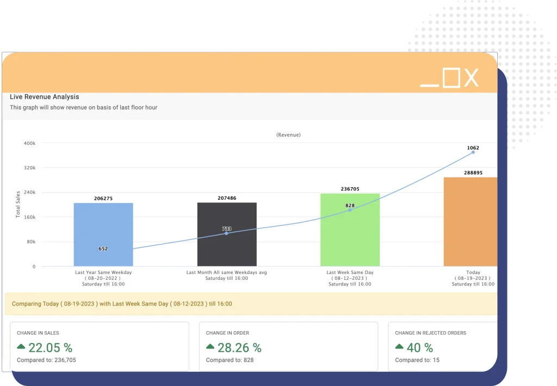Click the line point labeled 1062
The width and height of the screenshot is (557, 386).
click(x=473, y=152)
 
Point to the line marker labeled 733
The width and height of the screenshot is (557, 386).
click(x=227, y=233)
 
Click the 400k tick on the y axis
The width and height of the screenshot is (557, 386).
click(x=30, y=143)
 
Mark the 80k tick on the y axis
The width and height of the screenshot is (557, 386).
click(x=31, y=242)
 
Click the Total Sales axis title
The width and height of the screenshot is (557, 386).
click(x=18, y=204)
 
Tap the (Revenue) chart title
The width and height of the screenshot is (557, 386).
click(x=288, y=134)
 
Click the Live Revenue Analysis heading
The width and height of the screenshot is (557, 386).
click(x=45, y=97)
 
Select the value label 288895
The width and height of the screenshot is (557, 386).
click(x=472, y=172)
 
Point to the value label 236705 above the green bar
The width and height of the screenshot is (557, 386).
click(x=350, y=189)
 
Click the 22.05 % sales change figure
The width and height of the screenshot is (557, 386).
click(x=50, y=348)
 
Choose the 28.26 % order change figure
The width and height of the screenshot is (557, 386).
click(x=239, y=348)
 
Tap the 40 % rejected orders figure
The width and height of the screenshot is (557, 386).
click(x=420, y=348)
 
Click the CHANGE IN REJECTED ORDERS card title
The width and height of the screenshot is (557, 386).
click(x=430, y=333)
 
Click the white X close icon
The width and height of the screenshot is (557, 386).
click(x=471, y=78)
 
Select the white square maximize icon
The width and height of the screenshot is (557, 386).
click(x=451, y=78)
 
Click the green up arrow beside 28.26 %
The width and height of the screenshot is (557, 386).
click(x=211, y=347)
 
